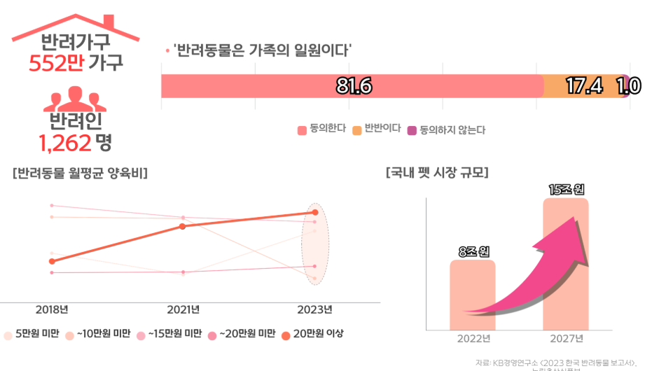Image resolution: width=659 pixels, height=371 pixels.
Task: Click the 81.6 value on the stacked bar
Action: (x=354, y=86)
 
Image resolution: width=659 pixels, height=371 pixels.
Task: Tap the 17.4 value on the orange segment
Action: (x=583, y=86)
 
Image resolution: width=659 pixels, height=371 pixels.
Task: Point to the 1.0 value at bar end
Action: (x=628, y=86)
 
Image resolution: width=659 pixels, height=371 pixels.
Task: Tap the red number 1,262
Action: (x=65, y=143)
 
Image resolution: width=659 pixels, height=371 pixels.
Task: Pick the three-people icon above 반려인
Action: (x=75, y=99)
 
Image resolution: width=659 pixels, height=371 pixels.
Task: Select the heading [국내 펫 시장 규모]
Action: (x=437, y=173)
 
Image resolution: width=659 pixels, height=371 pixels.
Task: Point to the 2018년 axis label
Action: (x=52, y=309)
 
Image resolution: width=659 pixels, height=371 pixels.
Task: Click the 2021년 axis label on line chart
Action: (x=183, y=309)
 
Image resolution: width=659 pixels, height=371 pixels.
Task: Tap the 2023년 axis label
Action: (x=315, y=309)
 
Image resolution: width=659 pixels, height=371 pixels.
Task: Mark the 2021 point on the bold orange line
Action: (x=183, y=226)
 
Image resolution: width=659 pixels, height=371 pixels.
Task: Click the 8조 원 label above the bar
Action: (x=472, y=250)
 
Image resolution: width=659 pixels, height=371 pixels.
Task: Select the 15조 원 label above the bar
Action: (x=566, y=188)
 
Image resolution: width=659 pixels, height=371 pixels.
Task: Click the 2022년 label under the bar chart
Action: (x=473, y=339)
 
